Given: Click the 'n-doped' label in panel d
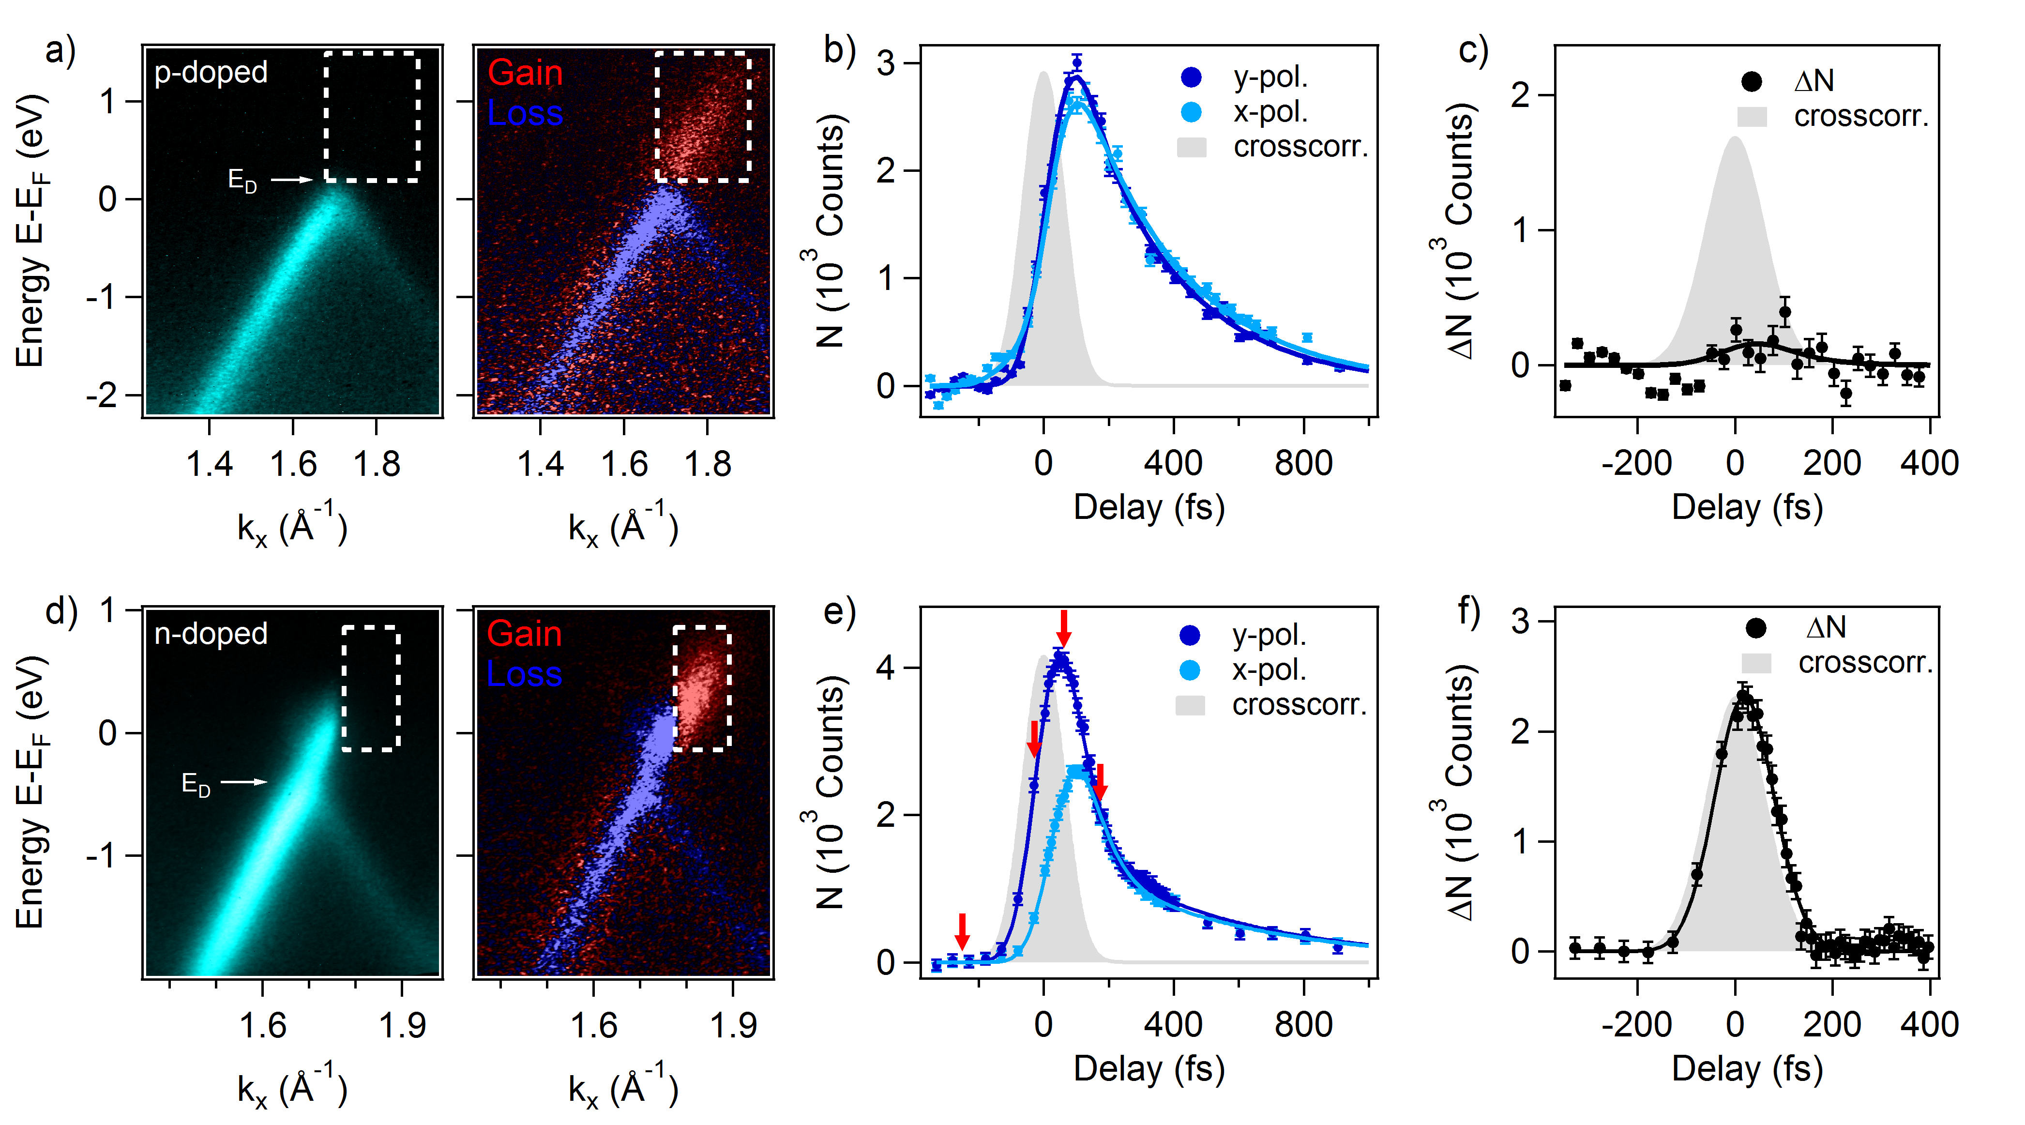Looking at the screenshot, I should pos(211,634).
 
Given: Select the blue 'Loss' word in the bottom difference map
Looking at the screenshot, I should pos(524,674).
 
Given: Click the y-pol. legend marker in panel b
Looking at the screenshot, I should pos(1191,77).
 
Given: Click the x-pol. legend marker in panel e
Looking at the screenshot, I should pos(1190,670).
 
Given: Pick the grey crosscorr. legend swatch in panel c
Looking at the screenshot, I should pos(1752,117).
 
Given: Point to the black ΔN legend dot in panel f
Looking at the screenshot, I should pos(1755,627).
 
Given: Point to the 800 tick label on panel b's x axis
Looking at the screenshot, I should pos(1303,464).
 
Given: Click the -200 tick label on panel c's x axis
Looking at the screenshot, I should pos(1637,464).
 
